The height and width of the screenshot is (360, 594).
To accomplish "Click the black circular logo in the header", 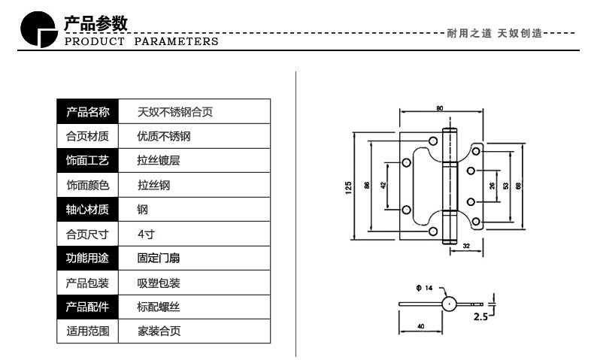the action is (x=38, y=29).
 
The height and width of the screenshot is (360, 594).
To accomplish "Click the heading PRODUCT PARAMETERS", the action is (x=141, y=41).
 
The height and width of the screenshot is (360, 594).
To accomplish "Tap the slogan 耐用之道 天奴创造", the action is (x=494, y=33).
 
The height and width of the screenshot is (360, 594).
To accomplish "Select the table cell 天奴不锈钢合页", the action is (x=175, y=112).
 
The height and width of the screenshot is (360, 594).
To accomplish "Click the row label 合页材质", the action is (x=87, y=136).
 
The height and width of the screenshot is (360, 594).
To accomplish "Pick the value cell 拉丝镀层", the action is (x=159, y=161).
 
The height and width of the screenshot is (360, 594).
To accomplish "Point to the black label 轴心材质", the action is (x=87, y=210).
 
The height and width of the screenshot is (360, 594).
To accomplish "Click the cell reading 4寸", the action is (x=146, y=234).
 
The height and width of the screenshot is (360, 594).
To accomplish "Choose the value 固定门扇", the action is (x=159, y=259).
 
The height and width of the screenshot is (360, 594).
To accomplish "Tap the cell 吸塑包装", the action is (x=159, y=283).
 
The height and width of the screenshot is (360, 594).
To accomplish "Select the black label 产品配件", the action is (x=87, y=307).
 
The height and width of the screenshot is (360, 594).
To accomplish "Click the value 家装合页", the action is (x=159, y=331).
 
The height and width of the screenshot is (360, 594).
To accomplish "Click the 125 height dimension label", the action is (x=348, y=188).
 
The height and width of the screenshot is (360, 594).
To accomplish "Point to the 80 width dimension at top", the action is (x=439, y=108).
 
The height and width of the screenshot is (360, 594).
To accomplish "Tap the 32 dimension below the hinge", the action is (x=466, y=246).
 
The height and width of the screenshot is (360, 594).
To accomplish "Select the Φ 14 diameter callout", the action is (x=424, y=288).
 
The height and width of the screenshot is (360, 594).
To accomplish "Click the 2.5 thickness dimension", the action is (x=480, y=316).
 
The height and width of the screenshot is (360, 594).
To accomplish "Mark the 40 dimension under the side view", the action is (x=420, y=326).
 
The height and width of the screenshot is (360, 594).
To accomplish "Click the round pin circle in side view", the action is (x=450, y=304).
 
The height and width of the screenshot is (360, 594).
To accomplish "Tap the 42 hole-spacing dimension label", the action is (x=383, y=185).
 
